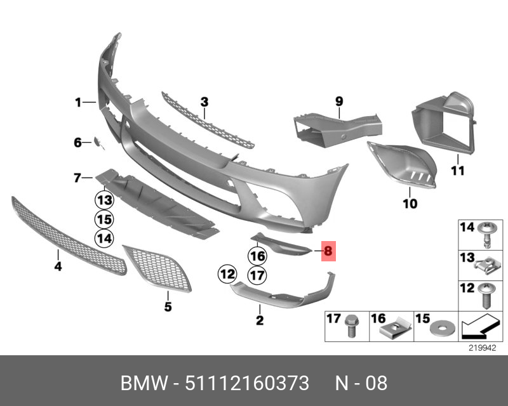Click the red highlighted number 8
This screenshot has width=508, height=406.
point(328,251)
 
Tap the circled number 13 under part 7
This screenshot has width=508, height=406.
point(104,200)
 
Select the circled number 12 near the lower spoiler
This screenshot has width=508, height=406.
point(227,274)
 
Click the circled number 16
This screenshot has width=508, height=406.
point(258,256)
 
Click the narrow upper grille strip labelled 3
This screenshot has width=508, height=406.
point(208,121)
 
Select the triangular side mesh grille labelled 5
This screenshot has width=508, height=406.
point(157,268)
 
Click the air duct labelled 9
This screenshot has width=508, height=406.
point(337,129)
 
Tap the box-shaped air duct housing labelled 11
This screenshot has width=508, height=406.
point(444,121)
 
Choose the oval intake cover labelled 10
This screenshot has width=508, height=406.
point(402,164)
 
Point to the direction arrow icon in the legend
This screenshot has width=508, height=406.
point(480,326)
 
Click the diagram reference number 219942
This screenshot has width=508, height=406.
point(483,348)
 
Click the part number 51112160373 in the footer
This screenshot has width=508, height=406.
point(247,383)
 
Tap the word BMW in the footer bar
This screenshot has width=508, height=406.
point(145,383)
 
